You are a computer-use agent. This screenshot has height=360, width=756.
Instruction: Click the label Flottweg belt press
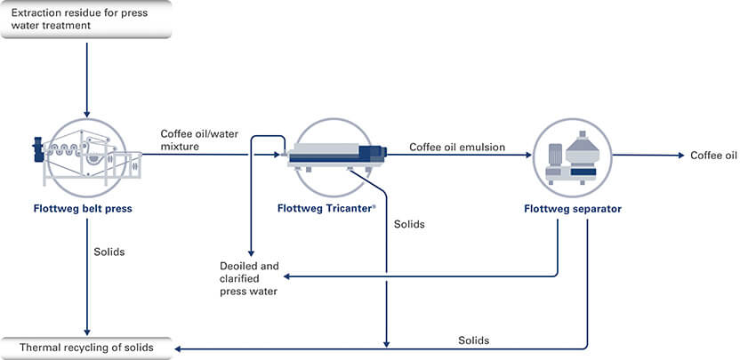click(86, 210)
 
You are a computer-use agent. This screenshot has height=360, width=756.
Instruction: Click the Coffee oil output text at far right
click(714, 156)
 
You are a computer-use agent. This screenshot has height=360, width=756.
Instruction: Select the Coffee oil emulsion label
click(456, 147)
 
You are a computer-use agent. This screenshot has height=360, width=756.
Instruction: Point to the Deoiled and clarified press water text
click(249, 278)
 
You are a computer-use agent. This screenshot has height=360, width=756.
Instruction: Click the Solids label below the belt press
click(109, 252)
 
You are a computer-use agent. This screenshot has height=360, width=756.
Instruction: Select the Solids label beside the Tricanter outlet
click(409, 224)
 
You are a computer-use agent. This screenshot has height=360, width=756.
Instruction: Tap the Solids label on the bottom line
click(473, 340)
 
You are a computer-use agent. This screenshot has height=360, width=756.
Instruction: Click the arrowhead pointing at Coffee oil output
click(680, 156)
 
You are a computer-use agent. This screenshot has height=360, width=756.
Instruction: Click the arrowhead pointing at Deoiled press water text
click(286, 276)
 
